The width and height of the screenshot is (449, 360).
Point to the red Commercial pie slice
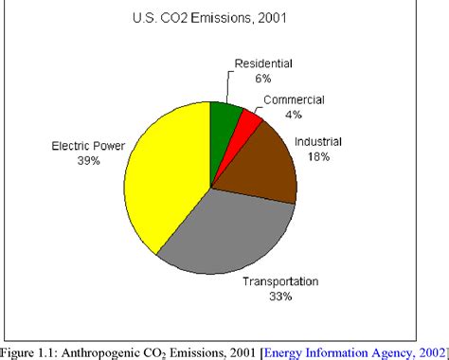[248, 120]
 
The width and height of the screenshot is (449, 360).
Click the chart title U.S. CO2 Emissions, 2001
[224, 17]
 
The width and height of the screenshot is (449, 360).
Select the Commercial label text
[294, 99]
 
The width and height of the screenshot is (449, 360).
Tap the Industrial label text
[317, 142]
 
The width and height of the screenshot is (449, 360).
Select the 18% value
[317, 156]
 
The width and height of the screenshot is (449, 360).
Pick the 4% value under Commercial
[294, 114]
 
